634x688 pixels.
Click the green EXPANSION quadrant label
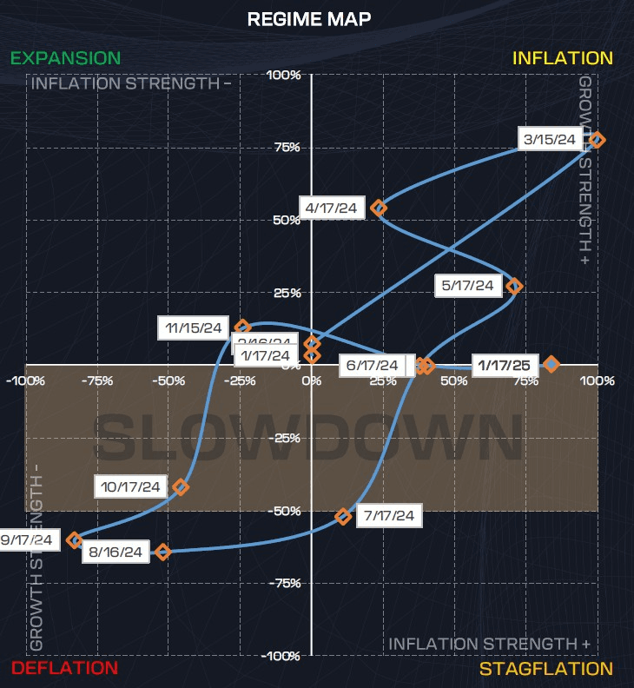pyautogui.click(x=66, y=58)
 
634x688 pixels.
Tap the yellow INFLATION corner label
pyautogui.click(x=562, y=58)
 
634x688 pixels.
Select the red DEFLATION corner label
pyautogui.click(x=64, y=668)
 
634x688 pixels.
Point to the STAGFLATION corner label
pyautogui.click(x=546, y=668)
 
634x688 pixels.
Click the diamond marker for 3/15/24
pyautogui.click(x=597, y=140)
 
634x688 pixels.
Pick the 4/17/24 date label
pyautogui.click(x=331, y=208)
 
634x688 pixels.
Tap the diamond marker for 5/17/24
pyautogui.click(x=514, y=286)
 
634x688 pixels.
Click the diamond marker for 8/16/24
pyautogui.click(x=162, y=552)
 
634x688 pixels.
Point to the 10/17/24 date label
pyautogui.click(x=130, y=486)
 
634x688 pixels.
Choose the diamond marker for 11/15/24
pyautogui.click(x=243, y=327)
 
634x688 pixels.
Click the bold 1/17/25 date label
pyautogui.click(x=505, y=364)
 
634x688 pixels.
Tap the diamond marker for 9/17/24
pyautogui.click(x=75, y=540)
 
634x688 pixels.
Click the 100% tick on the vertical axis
pyautogui.click(x=284, y=76)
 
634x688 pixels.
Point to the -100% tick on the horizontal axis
pyautogui.click(x=25, y=380)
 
